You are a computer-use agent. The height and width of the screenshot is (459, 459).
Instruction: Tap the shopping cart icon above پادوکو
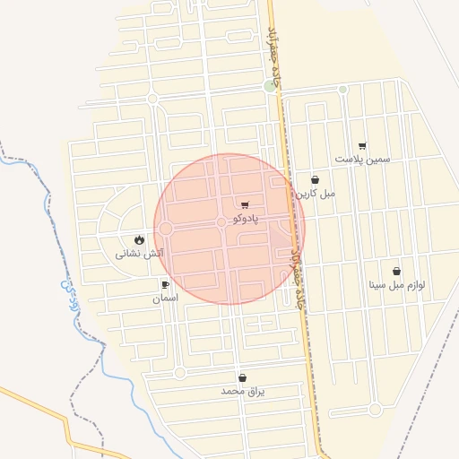[245, 205]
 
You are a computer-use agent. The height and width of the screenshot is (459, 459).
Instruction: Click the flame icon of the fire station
[139, 239]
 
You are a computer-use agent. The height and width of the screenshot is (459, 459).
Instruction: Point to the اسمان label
[165, 297]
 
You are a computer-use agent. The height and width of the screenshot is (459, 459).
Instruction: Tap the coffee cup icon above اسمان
[165, 284]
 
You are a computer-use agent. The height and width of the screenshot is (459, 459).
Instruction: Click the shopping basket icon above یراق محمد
[242, 378]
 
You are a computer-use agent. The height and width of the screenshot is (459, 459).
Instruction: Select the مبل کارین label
[316, 193]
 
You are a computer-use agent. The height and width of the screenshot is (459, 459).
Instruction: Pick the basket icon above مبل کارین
[315, 179]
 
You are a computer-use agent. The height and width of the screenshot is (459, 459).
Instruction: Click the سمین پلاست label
[363, 159]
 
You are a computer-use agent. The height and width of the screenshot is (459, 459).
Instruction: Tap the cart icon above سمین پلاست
[362, 145]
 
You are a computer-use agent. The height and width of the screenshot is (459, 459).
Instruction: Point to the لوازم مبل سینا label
[396, 285]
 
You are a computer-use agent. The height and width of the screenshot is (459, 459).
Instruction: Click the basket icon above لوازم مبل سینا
[396, 272]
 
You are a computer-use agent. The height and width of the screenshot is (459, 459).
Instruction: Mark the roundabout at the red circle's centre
[221, 221]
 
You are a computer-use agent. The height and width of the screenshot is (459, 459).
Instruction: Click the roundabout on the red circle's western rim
[166, 229]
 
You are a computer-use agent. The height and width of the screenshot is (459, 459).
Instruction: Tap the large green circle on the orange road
[270, 86]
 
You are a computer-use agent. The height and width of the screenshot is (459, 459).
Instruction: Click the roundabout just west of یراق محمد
[179, 372]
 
